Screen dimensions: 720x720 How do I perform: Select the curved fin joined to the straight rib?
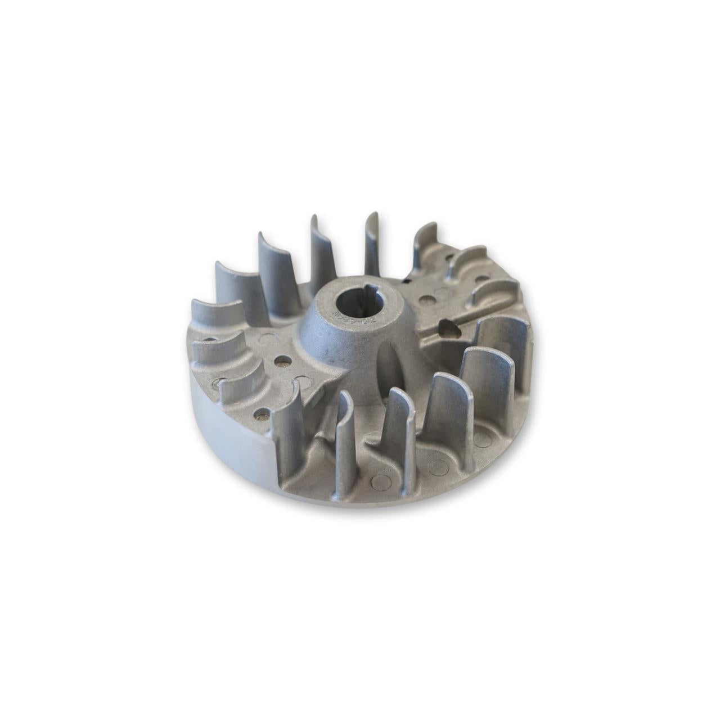(495, 292)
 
